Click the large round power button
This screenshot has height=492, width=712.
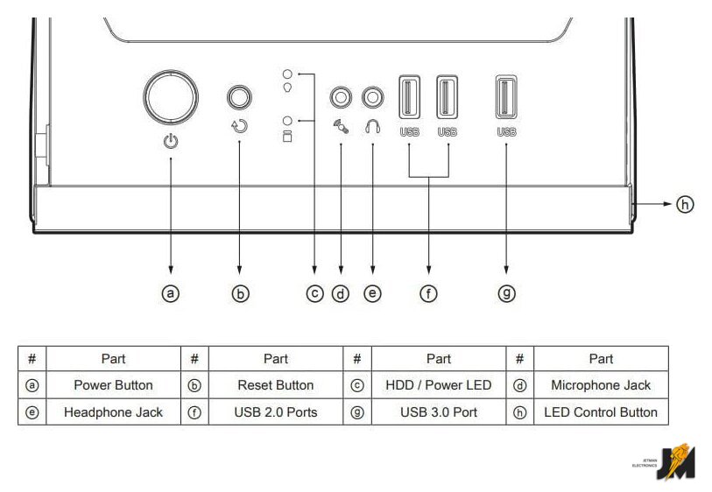point(171,97)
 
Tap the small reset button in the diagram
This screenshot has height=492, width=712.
point(239,96)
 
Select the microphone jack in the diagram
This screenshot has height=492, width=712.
point(340,95)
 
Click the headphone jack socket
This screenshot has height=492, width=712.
point(373,95)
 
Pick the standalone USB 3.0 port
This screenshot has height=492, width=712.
point(506,97)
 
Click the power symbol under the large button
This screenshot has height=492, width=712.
point(171,140)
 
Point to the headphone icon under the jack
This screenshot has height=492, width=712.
point(373,126)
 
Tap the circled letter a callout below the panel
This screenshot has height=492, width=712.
point(171,294)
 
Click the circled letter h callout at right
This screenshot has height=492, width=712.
point(685,204)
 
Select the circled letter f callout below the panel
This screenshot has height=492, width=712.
point(429,294)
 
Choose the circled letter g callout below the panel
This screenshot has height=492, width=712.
point(506,294)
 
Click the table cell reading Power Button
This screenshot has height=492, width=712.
point(113,385)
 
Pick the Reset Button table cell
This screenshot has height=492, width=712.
point(276,385)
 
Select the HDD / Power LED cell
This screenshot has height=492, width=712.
point(438,385)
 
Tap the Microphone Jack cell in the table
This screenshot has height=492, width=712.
point(601,385)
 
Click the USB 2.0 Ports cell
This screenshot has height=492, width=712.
point(276,412)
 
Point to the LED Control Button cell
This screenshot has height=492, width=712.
point(601,412)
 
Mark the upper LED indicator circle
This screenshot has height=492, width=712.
point(286,74)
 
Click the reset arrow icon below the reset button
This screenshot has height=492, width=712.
point(239,125)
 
